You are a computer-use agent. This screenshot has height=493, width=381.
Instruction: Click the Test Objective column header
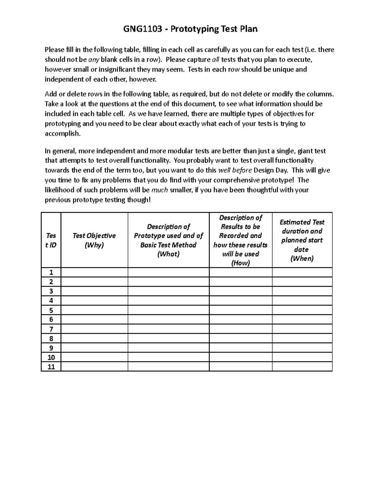tap(94, 236)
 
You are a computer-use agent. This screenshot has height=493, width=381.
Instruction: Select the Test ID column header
tap(51, 240)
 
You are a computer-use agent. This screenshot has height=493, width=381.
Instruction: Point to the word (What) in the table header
tap(168, 254)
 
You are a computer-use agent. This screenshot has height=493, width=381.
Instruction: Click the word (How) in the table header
tap(240, 263)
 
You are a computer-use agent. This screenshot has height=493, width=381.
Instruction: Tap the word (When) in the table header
tap(302, 258)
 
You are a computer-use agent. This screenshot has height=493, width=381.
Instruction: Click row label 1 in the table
tap(51, 272)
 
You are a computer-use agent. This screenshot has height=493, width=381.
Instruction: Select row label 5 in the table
tap(51, 310)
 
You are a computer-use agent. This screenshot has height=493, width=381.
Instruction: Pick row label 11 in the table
tap(51, 367)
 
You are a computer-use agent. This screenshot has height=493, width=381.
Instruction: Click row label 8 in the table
tap(51, 338)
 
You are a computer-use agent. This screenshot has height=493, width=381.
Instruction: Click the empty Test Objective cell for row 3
tap(94, 291)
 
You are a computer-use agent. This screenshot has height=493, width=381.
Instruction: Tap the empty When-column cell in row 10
tap(302, 357)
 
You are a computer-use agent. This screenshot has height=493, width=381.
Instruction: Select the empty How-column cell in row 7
tap(240, 329)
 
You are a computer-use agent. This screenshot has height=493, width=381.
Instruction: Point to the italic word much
tap(160, 190)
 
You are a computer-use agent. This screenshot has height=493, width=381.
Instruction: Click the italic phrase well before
tap(235, 170)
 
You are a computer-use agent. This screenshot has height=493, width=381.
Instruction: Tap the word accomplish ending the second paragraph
tap(63, 134)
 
